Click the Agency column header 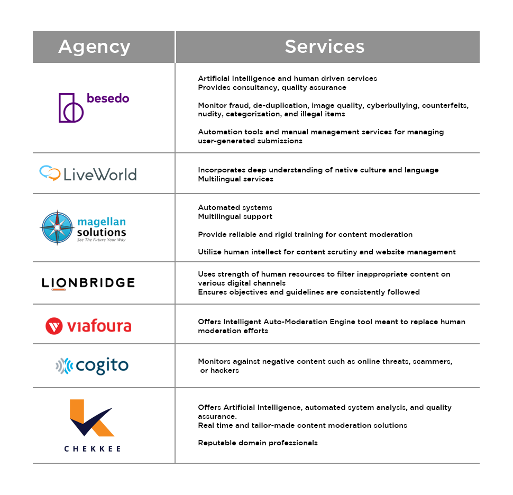(94, 47)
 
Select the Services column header (324, 47)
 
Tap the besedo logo (94, 107)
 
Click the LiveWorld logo (88, 173)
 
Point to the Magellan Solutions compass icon (57, 227)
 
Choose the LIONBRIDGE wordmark (88, 283)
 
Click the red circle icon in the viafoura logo (54, 326)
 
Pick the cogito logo (92, 365)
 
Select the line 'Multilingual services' (235, 179)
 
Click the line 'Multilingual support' (235, 216)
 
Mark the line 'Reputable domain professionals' (258, 443)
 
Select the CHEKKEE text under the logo (93, 448)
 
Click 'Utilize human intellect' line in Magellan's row (326, 252)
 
